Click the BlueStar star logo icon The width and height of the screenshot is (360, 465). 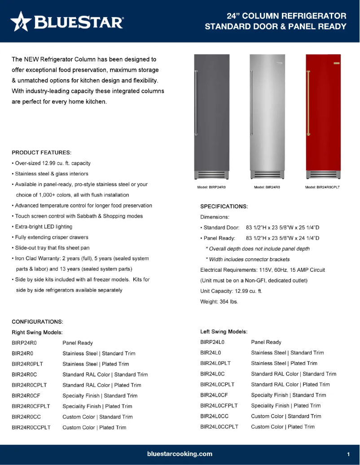tap(21, 21)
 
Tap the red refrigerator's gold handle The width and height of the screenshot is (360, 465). tap(308, 103)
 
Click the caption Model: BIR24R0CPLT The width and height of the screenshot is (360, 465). tap(322, 187)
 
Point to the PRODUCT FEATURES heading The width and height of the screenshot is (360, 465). tap(41, 152)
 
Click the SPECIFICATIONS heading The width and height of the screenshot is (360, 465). tap(224, 206)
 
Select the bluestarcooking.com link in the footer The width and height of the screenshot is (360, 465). tap(180, 454)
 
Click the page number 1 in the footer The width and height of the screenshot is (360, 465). tap(348, 454)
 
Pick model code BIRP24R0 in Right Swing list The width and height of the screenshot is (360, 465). tap(24, 343)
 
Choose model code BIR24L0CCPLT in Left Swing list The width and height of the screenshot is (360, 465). tap(219, 426)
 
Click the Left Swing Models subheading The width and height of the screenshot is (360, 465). tap(224, 332)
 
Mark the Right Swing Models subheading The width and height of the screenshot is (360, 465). tap(37, 332)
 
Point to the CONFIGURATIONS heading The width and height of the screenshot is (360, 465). tap(37, 322)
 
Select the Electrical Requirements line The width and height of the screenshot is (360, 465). tap(263, 270)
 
